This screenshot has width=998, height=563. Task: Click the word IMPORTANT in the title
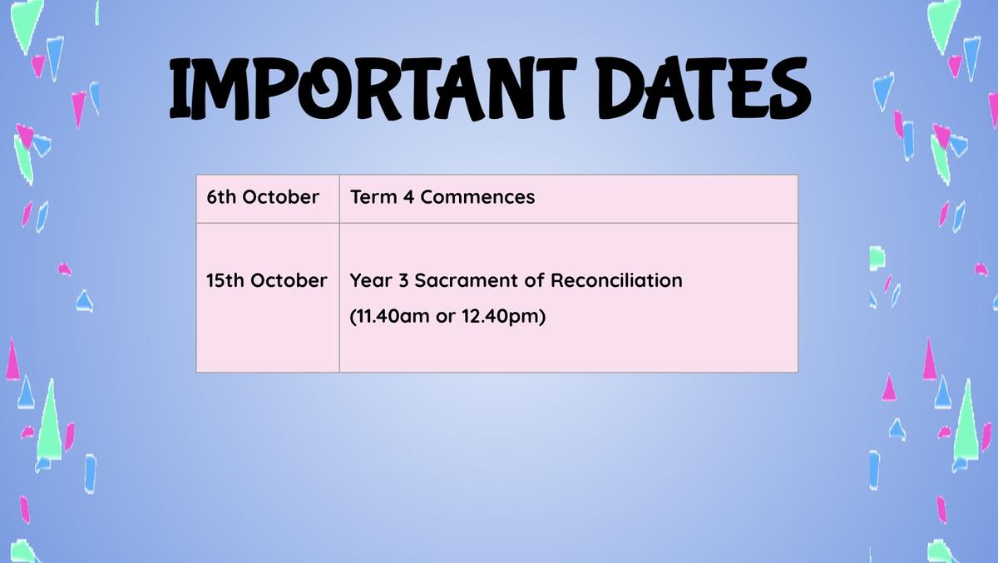pos(373,89)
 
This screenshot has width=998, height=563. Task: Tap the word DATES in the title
pos(704,89)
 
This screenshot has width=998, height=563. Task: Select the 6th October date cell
pos(268,199)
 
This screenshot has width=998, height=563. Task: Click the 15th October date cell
pos(268,298)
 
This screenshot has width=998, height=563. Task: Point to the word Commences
pos(477,197)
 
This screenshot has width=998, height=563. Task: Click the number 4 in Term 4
pos(408,197)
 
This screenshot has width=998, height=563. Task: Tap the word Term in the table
pos(373,197)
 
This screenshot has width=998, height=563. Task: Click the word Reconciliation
pos(616,280)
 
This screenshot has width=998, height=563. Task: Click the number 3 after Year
pos(403,280)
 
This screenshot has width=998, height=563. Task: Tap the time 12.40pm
pos(503,317)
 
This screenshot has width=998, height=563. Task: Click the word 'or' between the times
pos(445,317)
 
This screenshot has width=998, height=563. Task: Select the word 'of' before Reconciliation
pos(534,280)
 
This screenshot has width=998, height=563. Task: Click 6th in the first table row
pos(221,197)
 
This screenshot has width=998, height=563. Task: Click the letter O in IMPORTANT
pos(323,89)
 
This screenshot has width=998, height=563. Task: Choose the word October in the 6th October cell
pos(281,197)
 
